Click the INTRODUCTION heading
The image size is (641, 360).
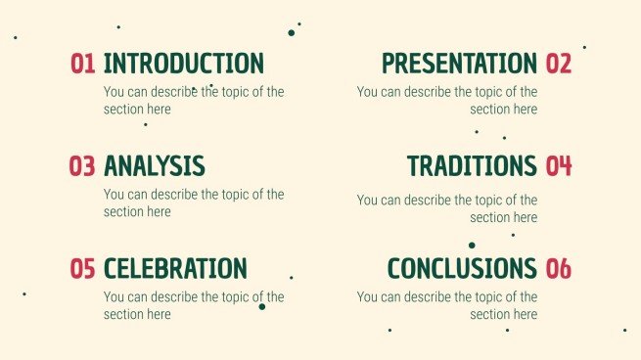183,64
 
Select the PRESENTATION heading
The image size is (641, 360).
459,64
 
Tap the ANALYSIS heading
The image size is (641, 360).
154,166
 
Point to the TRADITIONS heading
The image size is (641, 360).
472,166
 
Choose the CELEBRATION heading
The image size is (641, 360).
174,268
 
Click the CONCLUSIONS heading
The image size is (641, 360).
462,268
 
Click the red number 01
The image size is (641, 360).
82,65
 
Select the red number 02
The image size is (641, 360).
558,65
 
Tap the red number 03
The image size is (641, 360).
82,166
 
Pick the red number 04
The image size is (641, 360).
558,166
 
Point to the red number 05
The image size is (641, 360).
82,268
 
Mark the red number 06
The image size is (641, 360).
558,268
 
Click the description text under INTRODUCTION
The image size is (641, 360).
194,101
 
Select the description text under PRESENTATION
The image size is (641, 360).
446,101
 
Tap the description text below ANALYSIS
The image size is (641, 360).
194,202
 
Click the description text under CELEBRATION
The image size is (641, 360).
194,305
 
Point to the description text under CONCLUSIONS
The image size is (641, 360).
446,305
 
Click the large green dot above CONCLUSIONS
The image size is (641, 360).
472,246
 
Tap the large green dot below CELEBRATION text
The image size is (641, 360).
261,307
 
